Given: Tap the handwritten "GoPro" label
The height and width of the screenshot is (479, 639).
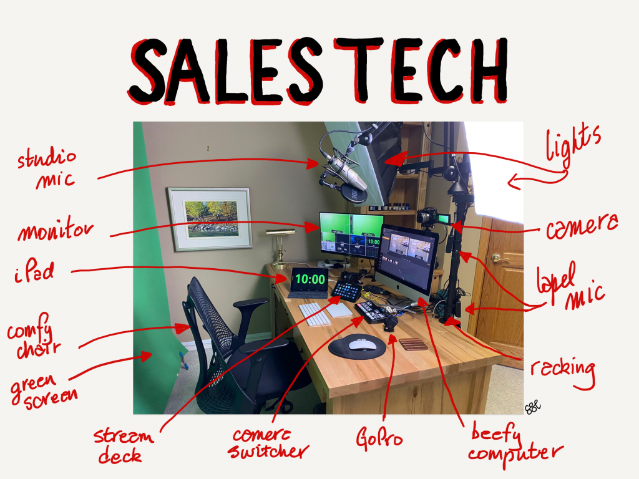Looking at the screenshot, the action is coord(379,438).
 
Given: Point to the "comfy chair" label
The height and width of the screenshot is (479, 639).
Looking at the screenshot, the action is coord(34,336).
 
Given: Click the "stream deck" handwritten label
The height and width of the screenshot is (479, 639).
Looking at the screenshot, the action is coord(123,445).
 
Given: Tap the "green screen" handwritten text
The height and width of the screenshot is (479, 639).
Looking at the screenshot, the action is coord(43,390).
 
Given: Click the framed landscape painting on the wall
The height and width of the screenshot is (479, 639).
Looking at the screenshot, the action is coord(210,219).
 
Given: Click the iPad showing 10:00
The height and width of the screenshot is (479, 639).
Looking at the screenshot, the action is coord(310,282).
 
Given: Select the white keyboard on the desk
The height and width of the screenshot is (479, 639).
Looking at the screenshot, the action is coord(315,314).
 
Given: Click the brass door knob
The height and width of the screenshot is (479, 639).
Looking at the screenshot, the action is coord(497,258).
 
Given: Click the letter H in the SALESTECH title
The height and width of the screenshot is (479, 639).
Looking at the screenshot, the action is coord(487,70).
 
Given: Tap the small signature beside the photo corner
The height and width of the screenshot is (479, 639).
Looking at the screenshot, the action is coord(533,407).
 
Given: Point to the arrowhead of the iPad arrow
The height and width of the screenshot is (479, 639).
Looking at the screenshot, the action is coord(282,279).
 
